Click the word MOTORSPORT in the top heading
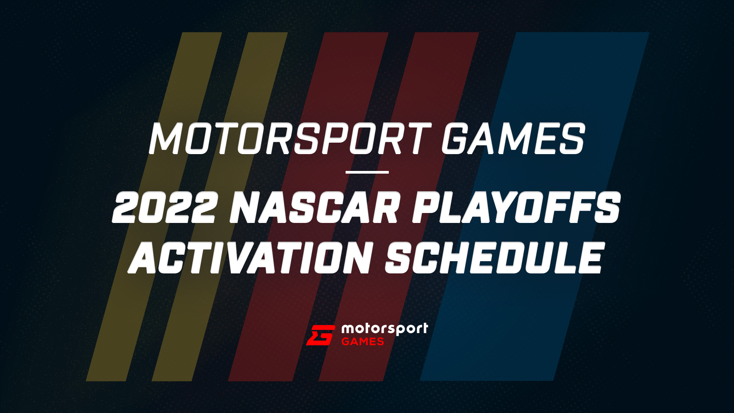(x=289, y=138)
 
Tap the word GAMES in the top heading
(x=513, y=138)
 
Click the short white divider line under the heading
(x=367, y=172)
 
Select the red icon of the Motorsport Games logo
(x=320, y=335)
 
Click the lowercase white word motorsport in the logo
(x=384, y=329)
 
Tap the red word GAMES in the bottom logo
(x=362, y=341)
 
